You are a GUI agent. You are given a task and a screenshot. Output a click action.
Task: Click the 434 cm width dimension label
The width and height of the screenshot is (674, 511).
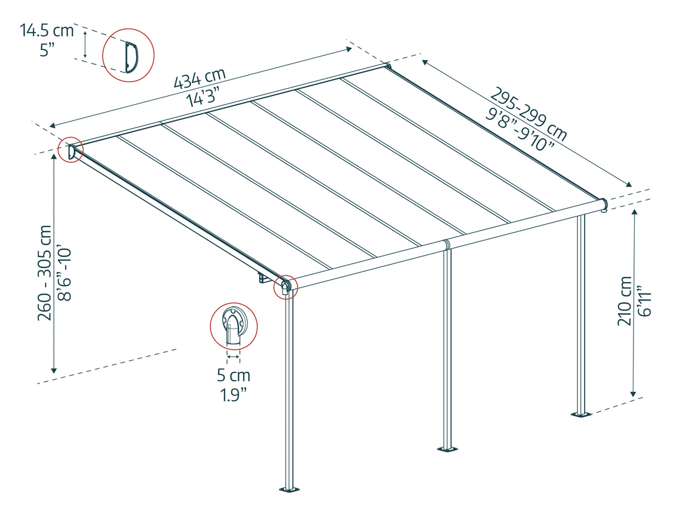pyautogui.click(x=200, y=78)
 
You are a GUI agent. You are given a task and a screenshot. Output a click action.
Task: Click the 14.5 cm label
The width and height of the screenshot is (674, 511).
pyautogui.click(x=47, y=31)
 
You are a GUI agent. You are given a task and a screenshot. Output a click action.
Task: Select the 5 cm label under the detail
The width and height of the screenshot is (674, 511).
pyautogui.click(x=233, y=376)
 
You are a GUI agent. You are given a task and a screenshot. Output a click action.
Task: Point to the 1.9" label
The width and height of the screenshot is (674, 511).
pyautogui.click(x=233, y=396)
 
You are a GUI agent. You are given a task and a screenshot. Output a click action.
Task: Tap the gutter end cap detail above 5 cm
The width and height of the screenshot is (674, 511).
pyautogui.click(x=233, y=327)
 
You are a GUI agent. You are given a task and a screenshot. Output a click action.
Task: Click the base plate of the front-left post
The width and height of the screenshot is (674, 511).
pyautogui.click(x=288, y=489)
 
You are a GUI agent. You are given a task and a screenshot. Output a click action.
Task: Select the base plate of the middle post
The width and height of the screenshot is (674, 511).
pyautogui.click(x=447, y=448)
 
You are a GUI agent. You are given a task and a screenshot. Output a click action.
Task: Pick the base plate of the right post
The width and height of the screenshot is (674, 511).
pyautogui.click(x=581, y=414)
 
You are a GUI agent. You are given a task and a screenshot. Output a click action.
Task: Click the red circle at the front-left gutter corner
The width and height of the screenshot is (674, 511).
pyautogui.click(x=286, y=287)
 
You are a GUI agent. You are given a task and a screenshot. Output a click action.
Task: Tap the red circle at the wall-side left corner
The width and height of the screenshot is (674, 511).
pyautogui.click(x=71, y=150)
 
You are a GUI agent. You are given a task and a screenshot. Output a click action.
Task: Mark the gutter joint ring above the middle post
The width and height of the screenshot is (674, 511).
pyautogui.click(x=447, y=245)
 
